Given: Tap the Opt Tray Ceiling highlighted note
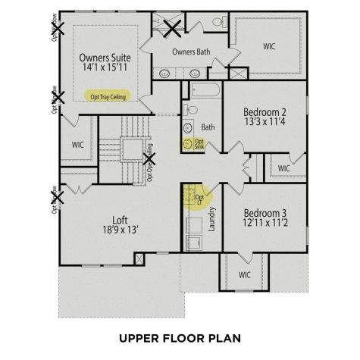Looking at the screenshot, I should coord(108,97).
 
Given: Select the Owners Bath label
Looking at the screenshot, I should coord(191,52).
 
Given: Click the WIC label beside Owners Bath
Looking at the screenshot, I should coord(269,46).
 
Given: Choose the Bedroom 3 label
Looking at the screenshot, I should coord(265,214).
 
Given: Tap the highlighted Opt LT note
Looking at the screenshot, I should coord(199,197).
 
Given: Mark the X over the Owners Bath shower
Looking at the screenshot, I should coord(173,29).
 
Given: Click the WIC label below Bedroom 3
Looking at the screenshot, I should coord(244,275).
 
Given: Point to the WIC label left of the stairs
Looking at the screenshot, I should coord(78,143).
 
